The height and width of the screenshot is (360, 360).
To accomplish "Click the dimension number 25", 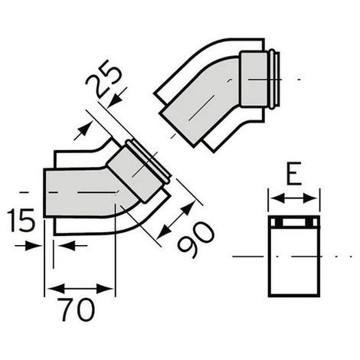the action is (x=103, y=79).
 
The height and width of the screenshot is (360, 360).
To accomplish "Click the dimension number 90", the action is (x=196, y=240).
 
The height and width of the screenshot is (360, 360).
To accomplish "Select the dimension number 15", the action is (x=21, y=221).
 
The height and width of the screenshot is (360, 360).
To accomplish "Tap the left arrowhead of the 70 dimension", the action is (x=55, y=289).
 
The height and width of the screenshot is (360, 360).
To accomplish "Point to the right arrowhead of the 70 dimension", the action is (x=105, y=289).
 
